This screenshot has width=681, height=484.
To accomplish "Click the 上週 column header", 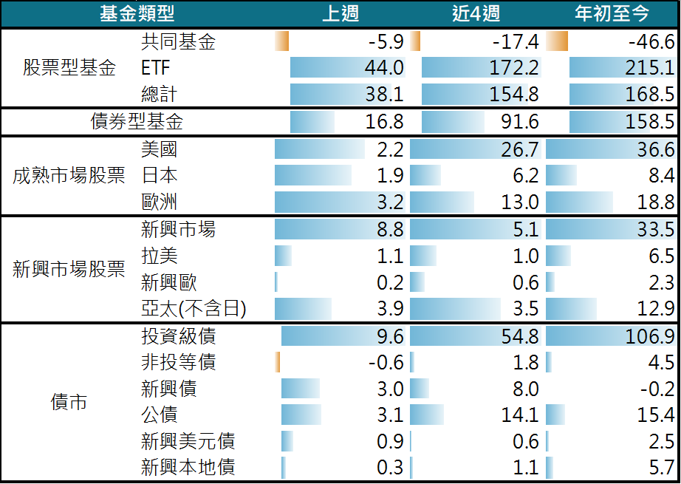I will click(x=340, y=13).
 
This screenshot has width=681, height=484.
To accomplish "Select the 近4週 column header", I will click(x=476, y=13).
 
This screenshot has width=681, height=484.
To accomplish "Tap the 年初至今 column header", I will click(x=611, y=13).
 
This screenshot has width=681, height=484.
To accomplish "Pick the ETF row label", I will click(x=155, y=68).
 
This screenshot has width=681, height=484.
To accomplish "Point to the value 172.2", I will click(x=514, y=68).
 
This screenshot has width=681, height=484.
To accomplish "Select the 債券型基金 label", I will click(x=137, y=122).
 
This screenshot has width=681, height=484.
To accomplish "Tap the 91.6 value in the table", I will click(x=520, y=122).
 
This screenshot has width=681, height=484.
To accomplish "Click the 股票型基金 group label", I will click(x=69, y=69).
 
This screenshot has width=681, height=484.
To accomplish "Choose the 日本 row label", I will click(x=159, y=176).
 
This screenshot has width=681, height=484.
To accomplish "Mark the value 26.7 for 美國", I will click(x=520, y=149).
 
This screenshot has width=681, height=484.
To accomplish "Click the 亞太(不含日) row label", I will click(x=194, y=310).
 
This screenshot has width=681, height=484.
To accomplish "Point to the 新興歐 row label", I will click(x=168, y=283).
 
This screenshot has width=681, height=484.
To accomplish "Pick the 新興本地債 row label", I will click(x=188, y=468).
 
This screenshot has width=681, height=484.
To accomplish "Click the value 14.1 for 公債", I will click(x=520, y=415).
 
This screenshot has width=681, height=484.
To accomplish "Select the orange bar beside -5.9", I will click(x=281, y=41).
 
